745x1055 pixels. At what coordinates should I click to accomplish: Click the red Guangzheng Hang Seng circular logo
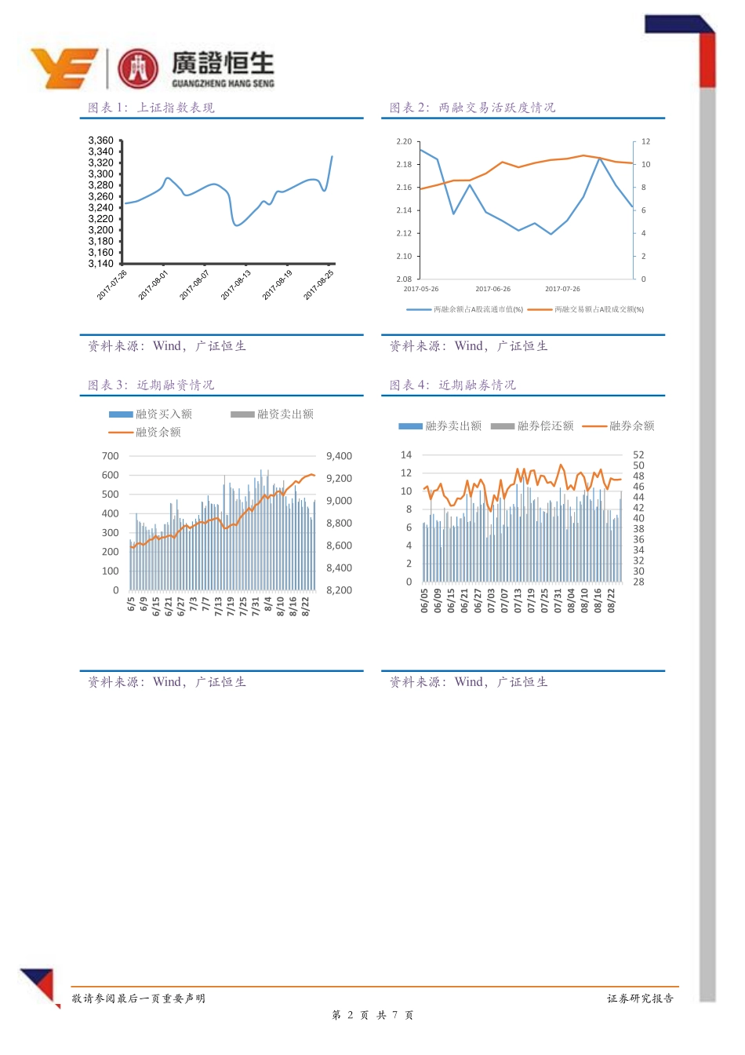[x=138, y=68]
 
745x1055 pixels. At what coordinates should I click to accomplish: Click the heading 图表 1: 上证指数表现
[x=151, y=108]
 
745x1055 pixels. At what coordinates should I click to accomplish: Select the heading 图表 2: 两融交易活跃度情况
[x=472, y=108]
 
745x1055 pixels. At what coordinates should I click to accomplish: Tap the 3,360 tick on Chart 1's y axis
[x=100, y=141]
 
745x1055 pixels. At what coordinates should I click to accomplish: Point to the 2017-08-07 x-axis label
[x=194, y=285]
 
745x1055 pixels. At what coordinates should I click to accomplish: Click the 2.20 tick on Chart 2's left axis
[x=404, y=142]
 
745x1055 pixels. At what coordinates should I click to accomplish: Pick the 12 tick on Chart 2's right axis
[x=645, y=142]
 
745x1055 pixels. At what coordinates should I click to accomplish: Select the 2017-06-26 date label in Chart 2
[x=492, y=289]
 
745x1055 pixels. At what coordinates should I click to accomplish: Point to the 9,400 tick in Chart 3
[x=339, y=456]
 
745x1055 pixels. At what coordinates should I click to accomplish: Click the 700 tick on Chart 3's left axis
[x=111, y=456]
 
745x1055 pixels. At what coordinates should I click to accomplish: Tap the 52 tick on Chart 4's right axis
[x=638, y=455]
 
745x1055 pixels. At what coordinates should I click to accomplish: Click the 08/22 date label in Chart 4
[x=612, y=601]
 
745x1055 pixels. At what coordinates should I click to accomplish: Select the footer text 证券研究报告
[x=640, y=998]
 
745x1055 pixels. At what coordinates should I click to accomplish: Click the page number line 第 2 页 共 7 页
[x=372, y=1015]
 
